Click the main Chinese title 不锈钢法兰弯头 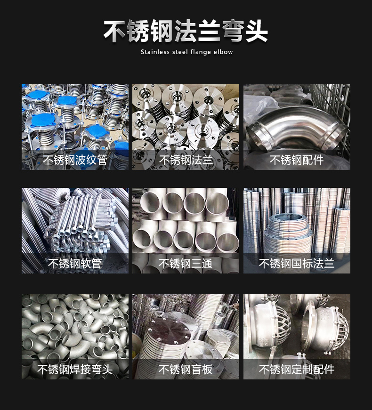pyautogui.click(x=186, y=31)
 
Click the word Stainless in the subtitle pyautogui.click(x=155, y=52)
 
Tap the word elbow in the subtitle pyautogui.click(x=223, y=52)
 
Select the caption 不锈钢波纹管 pyautogui.click(x=75, y=160)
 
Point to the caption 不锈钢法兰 pyautogui.click(x=186, y=160)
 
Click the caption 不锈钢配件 pyautogui.click(x=297, y=160)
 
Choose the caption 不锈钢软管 pyautogui.click(x=75, y=263)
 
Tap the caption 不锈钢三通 pyautogui.click(x=186, y=263)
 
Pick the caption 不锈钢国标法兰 pyautogui.click(x=297, y=263)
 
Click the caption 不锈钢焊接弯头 pyautogui.click(x=75, y=369)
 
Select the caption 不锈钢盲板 pyautogui.click(x=186, y=369)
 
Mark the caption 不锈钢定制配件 pyautogui.click(x=297, y=369)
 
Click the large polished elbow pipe pyautogui.click(x=296, y=123)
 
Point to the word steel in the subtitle pyautogui.click(x=180, y=52)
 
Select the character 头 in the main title pyautogui.click(x=256, y=31)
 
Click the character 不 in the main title pyautogui.click(x=114, y=31)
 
